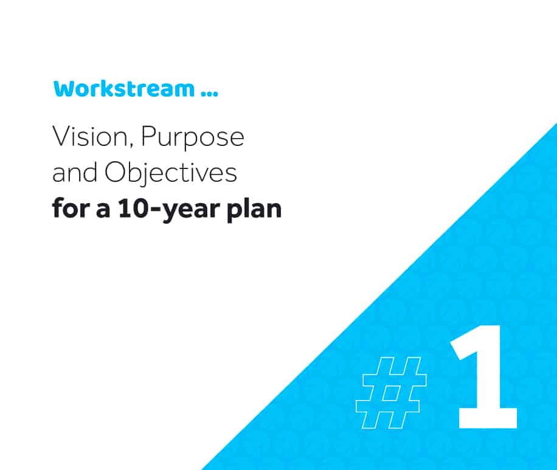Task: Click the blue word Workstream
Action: tap(124, 88)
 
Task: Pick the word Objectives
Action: tap(171, 173)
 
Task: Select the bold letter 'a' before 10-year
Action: tap(103, 210)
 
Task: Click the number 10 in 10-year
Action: tap(132, 208)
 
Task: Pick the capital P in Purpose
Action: tap(148, 136)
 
